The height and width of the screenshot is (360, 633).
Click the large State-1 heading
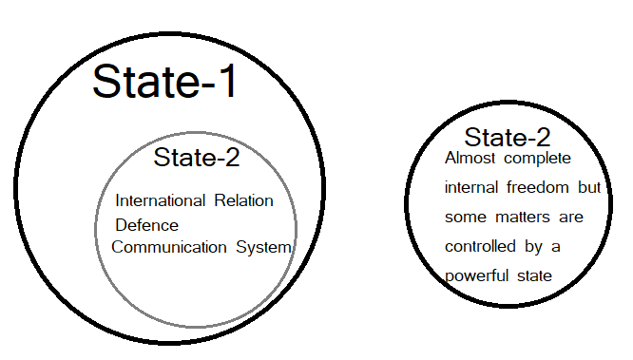(164, 83)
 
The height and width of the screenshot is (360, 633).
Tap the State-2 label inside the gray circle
(197, 158)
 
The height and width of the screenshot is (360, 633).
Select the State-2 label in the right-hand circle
(508, 137)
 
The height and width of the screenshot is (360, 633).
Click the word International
(160, 201)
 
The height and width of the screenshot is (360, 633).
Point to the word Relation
(242, 201)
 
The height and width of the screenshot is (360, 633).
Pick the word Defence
(146, 225)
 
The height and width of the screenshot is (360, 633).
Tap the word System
(262, 248)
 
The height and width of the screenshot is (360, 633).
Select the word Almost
(470, 158)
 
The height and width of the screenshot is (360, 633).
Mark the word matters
(523, 218)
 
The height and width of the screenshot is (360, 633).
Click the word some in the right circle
(464, 218)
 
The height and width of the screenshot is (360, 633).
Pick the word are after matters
(570, 218)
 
